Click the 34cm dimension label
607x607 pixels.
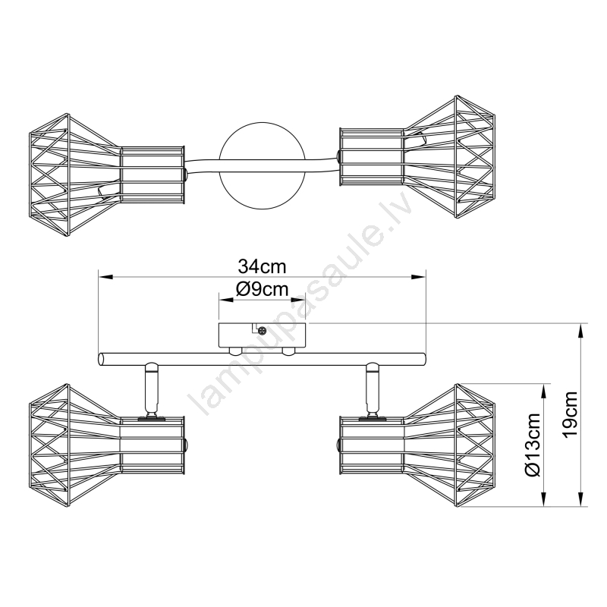click(262, 267)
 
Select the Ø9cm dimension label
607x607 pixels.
click(262, 289)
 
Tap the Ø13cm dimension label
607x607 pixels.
click(533, 445)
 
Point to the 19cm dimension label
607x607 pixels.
click(571, 414)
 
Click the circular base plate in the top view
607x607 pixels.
click(262, 165)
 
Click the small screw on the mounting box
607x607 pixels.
click(262, 331)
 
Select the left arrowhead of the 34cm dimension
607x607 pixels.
click(105, 277)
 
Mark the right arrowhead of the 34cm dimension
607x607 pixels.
click(419, 277)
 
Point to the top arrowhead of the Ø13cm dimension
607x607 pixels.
click(545, 392)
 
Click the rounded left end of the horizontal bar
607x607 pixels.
click(102, 359)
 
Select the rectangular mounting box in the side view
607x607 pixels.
click(262, 335)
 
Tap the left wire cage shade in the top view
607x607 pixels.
click(106, 175)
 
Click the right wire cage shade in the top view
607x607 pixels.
click(417, 156)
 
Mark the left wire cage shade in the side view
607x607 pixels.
click(106, 445)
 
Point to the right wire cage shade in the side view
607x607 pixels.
click(417, 445)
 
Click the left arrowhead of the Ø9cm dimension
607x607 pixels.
click(226, 300)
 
